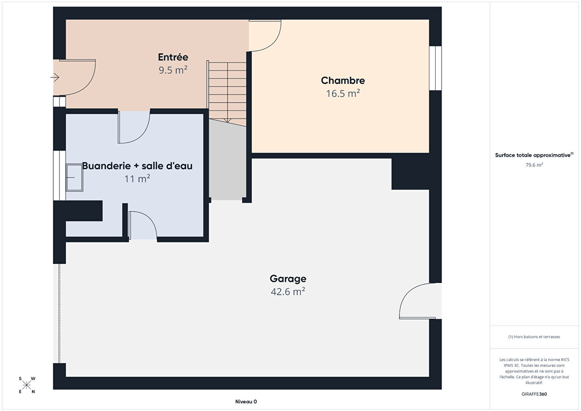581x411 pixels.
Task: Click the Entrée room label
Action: pyautogui.click(x=173, y=57)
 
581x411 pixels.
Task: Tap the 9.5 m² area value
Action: pyautogui.click(x=173, y=70)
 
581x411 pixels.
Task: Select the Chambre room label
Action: pyautogui.click(x=343, y=80)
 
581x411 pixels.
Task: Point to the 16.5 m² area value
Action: pyautogui.click(x=343, y=93)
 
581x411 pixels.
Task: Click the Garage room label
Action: pyautogui.click(x=288, y=279)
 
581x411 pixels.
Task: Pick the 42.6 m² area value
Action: pyautogui.click(x=288, y=292)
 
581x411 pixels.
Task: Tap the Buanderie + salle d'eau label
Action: pyautogui.click(x=137, y=166)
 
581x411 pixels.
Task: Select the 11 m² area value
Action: pyautogui.click(x=137, y=179)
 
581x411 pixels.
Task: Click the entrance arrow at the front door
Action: pyautogui.click(x=55, y=77)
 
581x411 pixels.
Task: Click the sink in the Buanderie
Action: pyautogui.click(x=75, y=178)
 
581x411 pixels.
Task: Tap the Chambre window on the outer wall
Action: pyautogui.click(x=435, y=68)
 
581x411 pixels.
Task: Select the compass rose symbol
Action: pyautogui.click(x=27, y=385)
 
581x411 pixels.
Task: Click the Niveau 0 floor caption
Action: pyautogui.click(x=246, y=401)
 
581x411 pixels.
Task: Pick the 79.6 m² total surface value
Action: pyautogui.click(x=534, y=165)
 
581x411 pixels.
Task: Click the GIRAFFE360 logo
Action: pyautogui.click(x=534, y=394)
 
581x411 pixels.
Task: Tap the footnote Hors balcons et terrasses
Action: pyautogui.click(x=534, y=337)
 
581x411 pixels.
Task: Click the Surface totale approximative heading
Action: pyautogui.click(x=534, y=155)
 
